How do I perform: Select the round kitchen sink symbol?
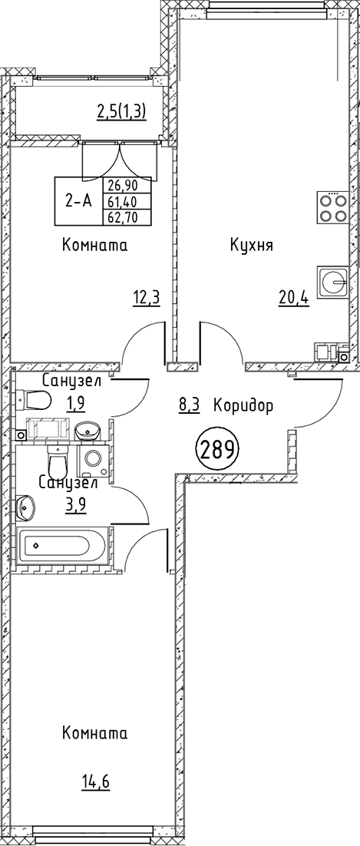tap(334, 281)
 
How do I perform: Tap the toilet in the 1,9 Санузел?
tap(35, 399)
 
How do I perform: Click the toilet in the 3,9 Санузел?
tap(58, 461)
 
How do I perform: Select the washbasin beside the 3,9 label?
tap(25, 507)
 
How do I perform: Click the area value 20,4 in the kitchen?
tap(293, 297)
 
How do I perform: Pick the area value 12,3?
tap(146, 297)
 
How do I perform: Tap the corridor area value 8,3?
tap(189, 405)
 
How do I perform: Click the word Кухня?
tap(252, 246)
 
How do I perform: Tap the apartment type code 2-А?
tap(78, 201)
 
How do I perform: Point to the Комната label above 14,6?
tap(94, 733)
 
